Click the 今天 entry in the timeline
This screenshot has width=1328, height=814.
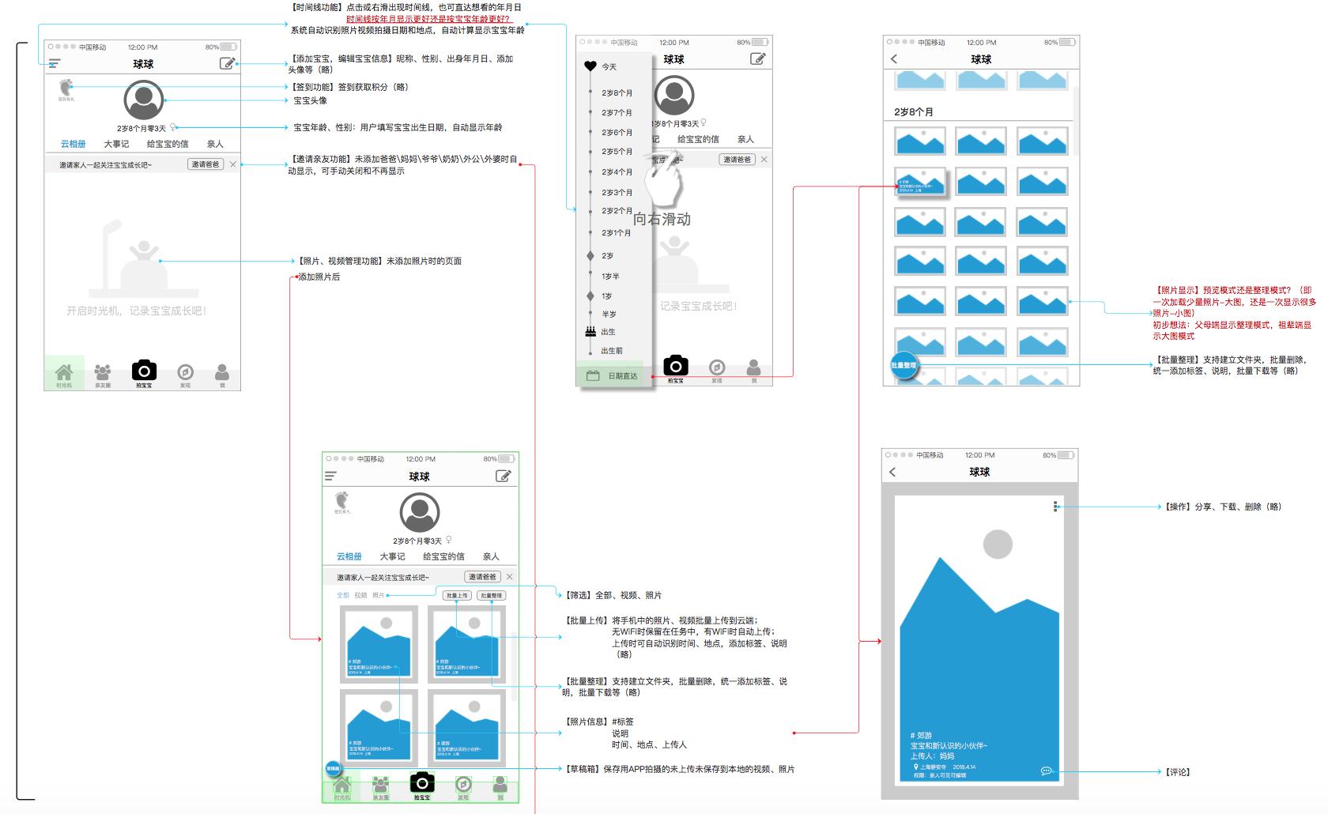tap(609, 67)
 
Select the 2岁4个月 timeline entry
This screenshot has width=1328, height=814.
tap(617, 172)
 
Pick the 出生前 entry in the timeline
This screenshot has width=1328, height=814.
tap(612, 351)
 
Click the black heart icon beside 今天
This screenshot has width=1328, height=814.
tap(590, 66)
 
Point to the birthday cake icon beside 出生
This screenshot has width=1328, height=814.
tap(590, 332)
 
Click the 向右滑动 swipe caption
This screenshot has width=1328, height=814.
tap(662, 219)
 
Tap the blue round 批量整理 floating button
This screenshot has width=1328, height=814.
tap(904, 365)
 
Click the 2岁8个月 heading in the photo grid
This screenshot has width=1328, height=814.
tap(914, 112)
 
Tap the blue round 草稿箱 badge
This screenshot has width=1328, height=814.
tap(334, 768)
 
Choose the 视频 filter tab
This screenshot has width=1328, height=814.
tap(360, 595)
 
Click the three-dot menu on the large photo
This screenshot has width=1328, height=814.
tap(1055, 507)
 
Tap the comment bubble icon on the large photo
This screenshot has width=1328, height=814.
tap(1046, 771)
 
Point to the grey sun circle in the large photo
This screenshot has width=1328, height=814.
tap(998, 545)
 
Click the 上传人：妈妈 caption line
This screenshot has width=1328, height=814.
tap(933, 756)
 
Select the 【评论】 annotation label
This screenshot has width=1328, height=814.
tap(1177, 772)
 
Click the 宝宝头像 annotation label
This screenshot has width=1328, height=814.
tap(310, 101)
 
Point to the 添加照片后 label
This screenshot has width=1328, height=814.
tap(319, 277)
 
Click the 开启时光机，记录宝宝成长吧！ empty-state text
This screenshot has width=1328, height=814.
tap(137, 311)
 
